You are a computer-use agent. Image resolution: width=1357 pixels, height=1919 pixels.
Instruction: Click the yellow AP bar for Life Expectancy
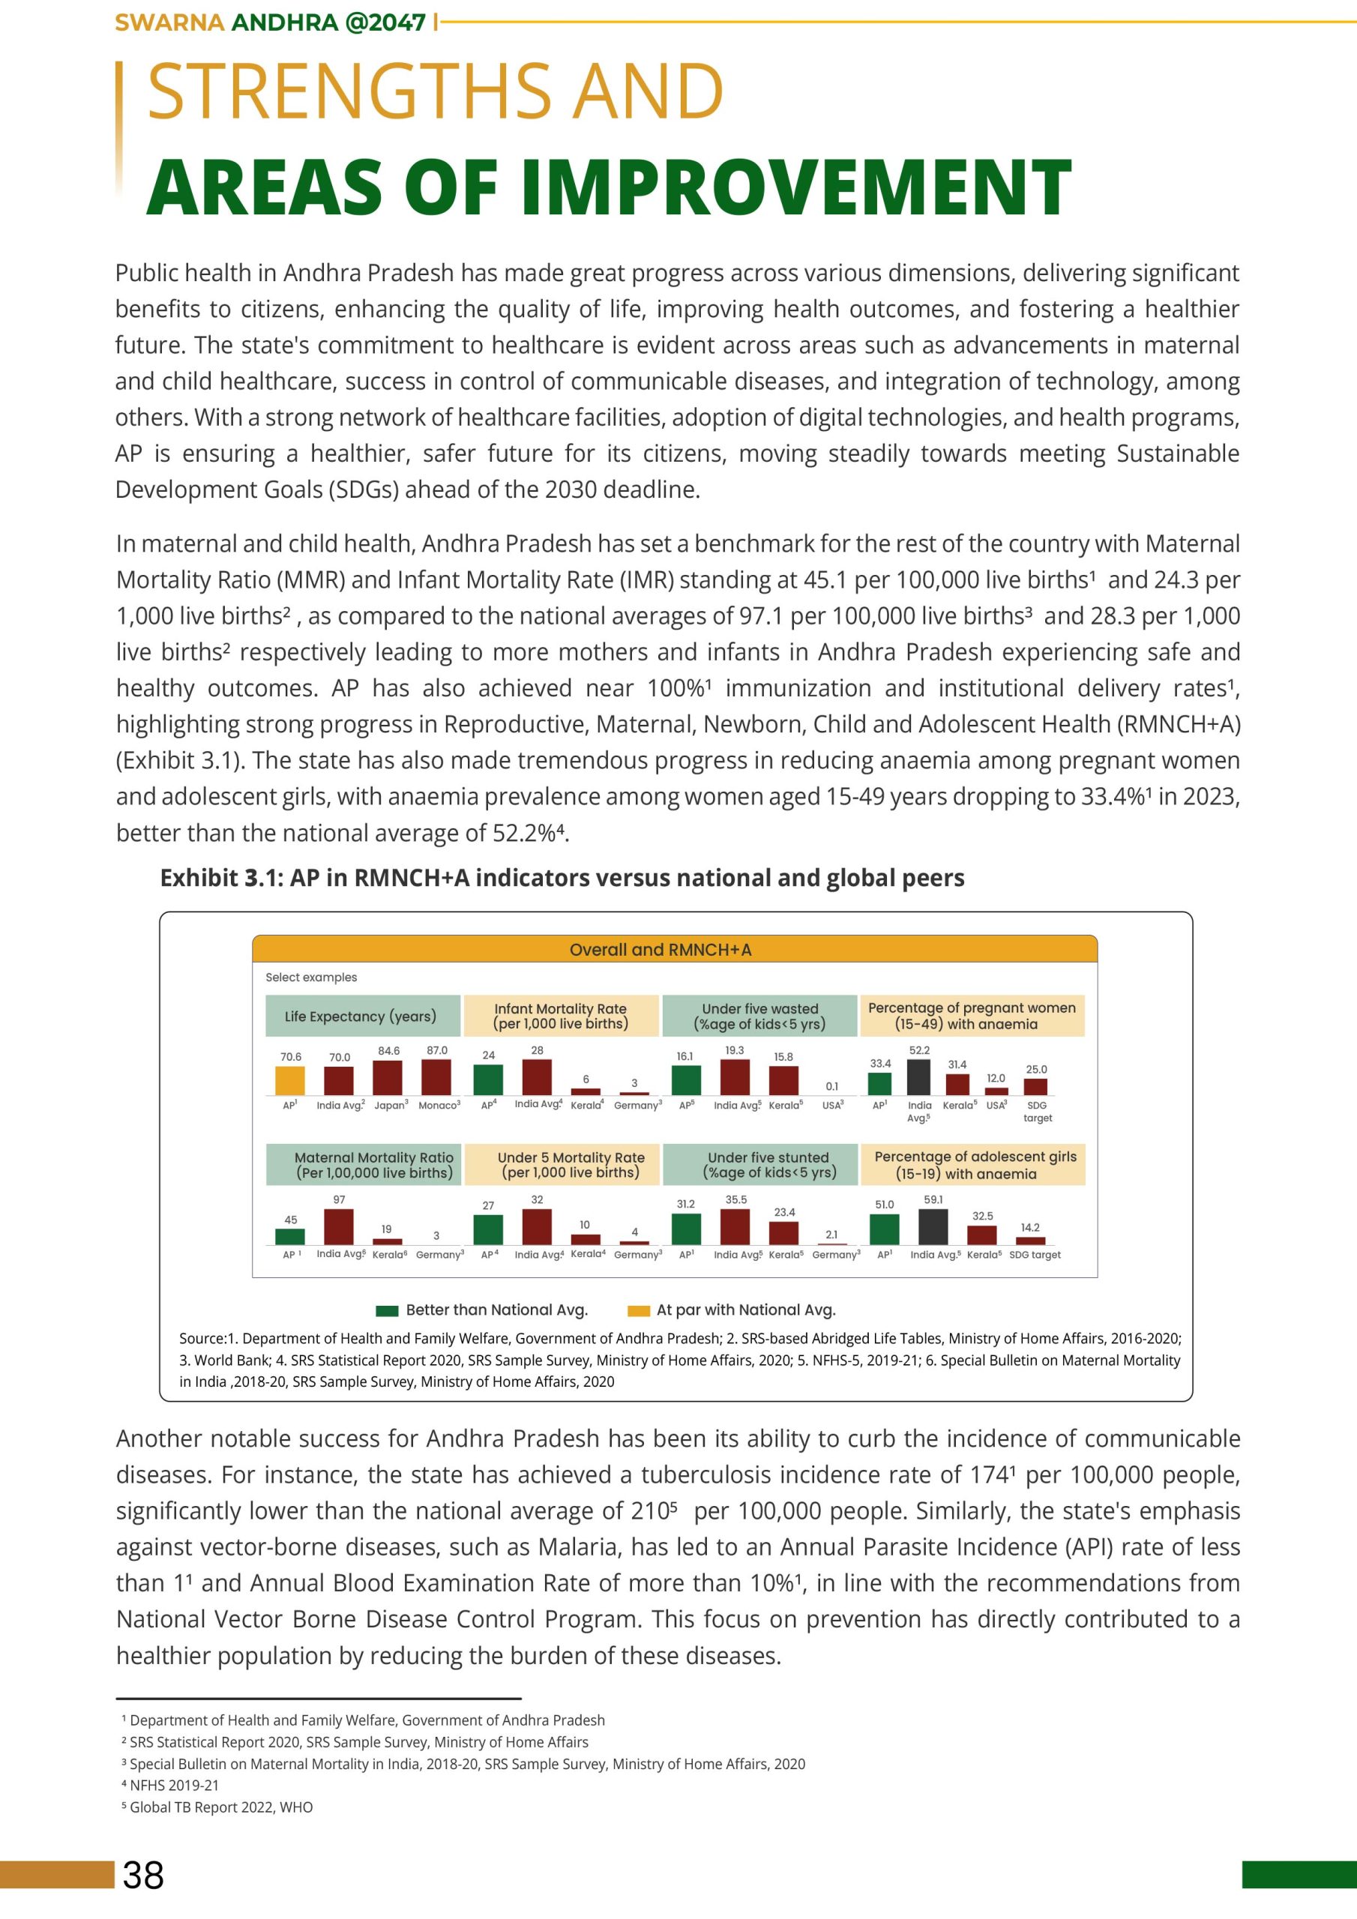point(290,1080)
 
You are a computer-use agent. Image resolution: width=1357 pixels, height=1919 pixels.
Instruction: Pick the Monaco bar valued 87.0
point(436,1076)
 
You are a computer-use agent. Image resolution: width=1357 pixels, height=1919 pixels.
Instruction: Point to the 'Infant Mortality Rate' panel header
point(560,1016)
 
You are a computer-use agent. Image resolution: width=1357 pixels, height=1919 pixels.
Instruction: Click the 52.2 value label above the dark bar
point(919,1049)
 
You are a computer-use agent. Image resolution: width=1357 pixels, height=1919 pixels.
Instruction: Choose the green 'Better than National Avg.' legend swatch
point(386,1310)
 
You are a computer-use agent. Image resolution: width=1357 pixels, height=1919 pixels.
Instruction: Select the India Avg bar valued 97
point(339,1226)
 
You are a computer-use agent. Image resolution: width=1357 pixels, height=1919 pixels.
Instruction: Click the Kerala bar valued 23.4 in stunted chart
point(783,1233)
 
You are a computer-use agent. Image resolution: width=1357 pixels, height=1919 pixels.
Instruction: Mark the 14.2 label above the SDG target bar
point(1030,1228)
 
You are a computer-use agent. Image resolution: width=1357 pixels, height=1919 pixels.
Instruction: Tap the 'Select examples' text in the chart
point(311,977)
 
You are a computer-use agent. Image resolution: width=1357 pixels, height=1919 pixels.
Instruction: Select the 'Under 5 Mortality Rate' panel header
point(571,1164)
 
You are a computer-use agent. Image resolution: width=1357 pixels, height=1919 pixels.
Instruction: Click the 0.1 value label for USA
point(832,1085)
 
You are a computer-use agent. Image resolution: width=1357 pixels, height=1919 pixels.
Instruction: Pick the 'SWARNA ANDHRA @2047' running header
point(270,22)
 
